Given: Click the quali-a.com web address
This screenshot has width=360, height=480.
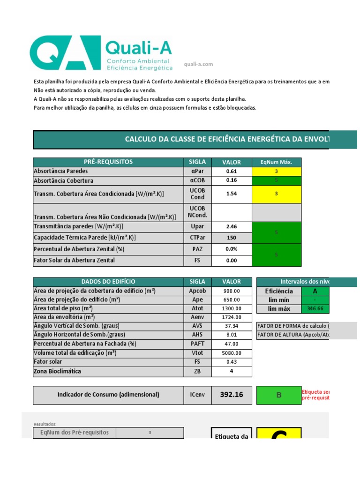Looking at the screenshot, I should click(x=199, y=64).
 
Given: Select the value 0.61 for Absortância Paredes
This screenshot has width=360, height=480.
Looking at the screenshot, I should click(x=232, y=172).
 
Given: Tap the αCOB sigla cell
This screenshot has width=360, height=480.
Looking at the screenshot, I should click(x=197, y=180).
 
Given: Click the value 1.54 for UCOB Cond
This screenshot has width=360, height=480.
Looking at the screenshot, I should click(x=232, y=194).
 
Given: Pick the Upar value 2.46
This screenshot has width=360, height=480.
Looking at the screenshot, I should click(x=232, y=227).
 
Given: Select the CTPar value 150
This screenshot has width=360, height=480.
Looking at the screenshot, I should click(x=232, y=238).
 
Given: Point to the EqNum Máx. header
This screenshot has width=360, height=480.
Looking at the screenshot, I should click(x=277, y=162).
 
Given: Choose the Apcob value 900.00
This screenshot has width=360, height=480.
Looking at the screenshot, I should click(x=232, y=291).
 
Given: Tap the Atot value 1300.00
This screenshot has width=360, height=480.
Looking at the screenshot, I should click(x=232, y=308).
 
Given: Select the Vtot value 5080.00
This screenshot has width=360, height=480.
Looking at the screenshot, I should click(x=232, y=353).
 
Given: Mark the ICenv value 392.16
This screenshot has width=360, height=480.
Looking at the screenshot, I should click(x=232, y=395).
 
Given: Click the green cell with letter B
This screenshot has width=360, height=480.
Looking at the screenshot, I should click(x=278, y=395).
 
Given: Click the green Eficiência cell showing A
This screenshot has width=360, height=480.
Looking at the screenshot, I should click(x=315, y=291).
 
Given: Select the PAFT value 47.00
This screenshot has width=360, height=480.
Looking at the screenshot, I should click(x=232, y=344).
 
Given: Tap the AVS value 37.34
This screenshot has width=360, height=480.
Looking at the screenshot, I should click(x=232, y=326).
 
